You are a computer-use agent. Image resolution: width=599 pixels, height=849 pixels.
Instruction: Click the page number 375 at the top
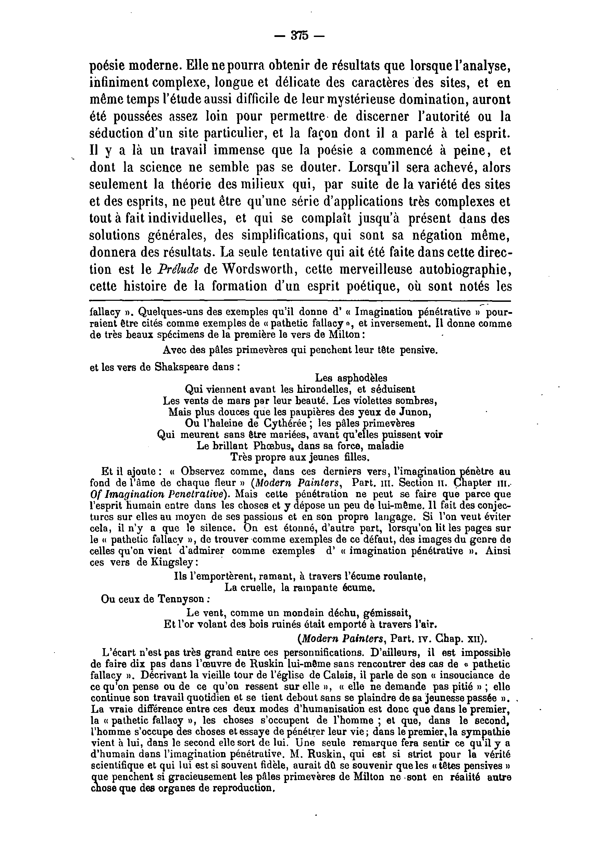(x=299, y=36)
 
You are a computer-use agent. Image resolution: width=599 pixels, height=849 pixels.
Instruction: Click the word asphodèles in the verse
(x=362, y=378)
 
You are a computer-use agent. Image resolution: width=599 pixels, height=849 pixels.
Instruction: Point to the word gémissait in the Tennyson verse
(x=386, y=613)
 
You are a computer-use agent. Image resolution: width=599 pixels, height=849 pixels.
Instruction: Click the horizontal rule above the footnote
(x=300, y=301)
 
